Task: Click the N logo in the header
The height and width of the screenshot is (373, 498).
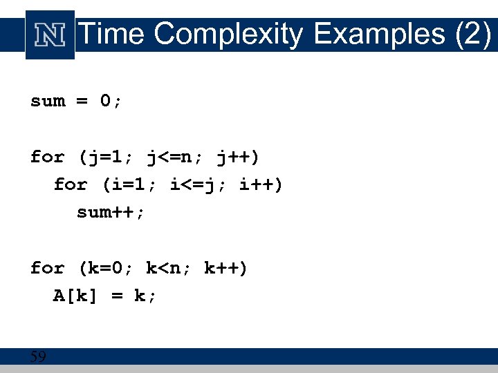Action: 50,35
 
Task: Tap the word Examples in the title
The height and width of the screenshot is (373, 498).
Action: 379,33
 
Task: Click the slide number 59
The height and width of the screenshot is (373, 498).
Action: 38,357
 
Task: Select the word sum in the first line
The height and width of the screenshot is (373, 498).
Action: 48,102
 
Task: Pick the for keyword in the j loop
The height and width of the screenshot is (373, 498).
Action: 48,157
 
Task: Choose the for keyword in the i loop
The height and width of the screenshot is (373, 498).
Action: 71,185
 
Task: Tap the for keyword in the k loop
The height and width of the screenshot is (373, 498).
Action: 48,268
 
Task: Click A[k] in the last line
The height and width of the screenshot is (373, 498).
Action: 77,296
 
